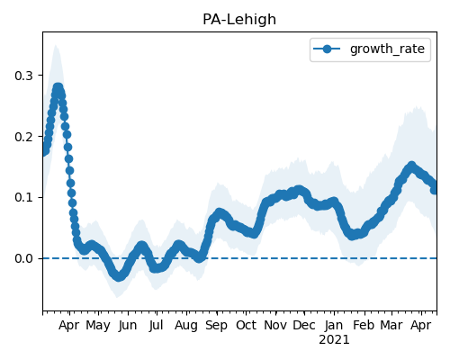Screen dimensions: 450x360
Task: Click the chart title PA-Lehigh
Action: click(239, 20)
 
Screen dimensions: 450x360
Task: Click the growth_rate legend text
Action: click(387, 49)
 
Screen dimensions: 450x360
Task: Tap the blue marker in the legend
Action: click(327, 49)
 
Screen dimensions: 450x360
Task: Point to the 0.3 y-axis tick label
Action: click(23, 76)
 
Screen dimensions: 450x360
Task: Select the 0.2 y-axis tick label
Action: click(23, 137)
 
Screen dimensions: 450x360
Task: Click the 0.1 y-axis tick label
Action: click(23, 198)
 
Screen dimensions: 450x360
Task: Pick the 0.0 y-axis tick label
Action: click(23, 258)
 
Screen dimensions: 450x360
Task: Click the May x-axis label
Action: click(98, 326)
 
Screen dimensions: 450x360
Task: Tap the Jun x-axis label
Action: click(128, 326)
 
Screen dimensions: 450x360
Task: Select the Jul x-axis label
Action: click(157, 326)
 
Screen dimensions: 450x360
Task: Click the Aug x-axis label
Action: click(186, 326)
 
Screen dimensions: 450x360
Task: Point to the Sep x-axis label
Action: click(216, 326)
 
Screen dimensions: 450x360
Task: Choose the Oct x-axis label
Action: click(246, 326)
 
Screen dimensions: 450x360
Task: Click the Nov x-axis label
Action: click(275, 326)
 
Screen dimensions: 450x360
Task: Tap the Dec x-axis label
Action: click(304, 326)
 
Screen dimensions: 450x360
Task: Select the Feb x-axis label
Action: click(364, 326)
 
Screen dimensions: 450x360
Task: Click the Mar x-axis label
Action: click(391, 326)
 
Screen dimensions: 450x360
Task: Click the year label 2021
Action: click(334, 340)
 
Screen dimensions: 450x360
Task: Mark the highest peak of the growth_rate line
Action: click(58, 88)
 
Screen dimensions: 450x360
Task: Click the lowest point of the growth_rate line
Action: click(119, 276)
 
